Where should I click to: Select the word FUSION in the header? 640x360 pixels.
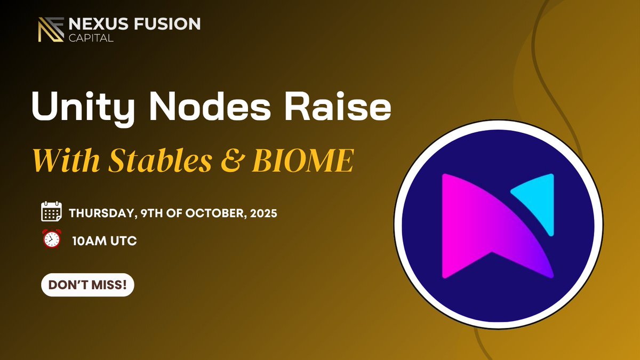click(170, 24)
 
